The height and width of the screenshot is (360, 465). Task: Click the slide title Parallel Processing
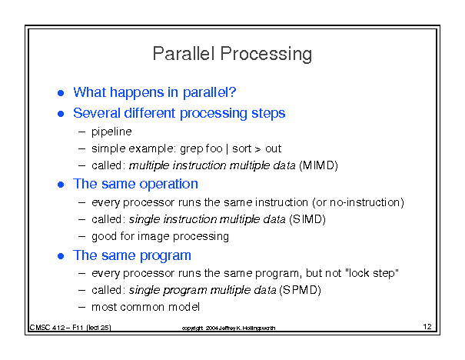tap(232, 54)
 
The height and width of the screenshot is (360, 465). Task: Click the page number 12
tap(427, 326)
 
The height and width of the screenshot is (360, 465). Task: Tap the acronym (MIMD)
tap(318, 165)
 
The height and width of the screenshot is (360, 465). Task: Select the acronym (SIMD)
tap(307, 219)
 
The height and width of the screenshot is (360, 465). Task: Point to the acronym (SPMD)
tap(300, 290)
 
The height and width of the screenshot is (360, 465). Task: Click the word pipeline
tap(111, 132)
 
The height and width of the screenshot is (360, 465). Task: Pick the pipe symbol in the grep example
tap(228, 148)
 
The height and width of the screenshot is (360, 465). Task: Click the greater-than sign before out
tap(258, 149)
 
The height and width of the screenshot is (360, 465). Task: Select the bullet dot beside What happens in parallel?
tap(61, 93)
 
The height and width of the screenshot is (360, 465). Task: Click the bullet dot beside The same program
tap(61, 256)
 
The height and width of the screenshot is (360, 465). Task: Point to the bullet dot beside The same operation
tap(61, 185)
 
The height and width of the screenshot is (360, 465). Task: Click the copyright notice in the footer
tap(228, 328)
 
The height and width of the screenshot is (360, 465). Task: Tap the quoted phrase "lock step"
tap(372, 273)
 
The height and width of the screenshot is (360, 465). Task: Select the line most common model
tap(145, 307)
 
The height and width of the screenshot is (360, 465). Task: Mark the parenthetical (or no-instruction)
tap(358, 202)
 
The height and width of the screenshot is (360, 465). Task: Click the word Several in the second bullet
tap(97, 113)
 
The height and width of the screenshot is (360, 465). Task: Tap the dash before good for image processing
tap(81, 236)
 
